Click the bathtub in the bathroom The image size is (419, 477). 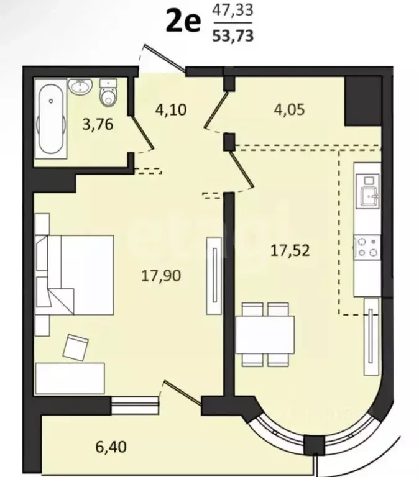pos(51,119)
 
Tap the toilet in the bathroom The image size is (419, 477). pos(108,93)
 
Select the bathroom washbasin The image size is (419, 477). pos(80,86)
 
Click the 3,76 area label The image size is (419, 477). pos(98,124)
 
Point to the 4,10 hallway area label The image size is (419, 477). pos(171,109)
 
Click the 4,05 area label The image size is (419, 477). pos(289,109)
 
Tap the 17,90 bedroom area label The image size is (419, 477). pos(161,276)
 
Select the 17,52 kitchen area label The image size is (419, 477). pos(290,251)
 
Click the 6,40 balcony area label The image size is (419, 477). pos(111,447)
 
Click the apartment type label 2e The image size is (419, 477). pos(183,21)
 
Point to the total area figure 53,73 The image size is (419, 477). pos(233,35)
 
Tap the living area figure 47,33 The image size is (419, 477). pos(233,11)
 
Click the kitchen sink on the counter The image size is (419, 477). pos(369,195)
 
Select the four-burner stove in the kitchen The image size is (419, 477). pos(367,248)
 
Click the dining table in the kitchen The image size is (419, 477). pos(265,334)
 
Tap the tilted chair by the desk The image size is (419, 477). pos(75,348)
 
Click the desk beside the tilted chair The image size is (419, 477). pos(70,378)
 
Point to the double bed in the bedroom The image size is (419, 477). pos(75,275)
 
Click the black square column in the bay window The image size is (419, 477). pos(315,445)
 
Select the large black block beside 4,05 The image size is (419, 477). pos(363,101)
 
